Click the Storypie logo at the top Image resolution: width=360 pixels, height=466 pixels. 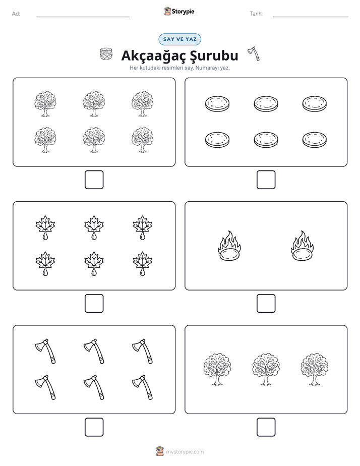(179, 11)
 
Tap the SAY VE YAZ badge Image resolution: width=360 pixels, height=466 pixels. (179, 39)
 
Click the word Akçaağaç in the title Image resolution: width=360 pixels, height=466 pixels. (151, 56)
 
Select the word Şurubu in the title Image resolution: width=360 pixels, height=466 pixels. (214, 55)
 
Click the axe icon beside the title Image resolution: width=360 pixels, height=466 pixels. (254, 54)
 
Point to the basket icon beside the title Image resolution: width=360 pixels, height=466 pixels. (106, 54)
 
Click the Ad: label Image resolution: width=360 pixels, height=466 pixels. (16, 14)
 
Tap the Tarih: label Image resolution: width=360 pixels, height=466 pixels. (256, 14)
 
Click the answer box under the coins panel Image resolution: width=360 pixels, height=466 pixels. (266, 180)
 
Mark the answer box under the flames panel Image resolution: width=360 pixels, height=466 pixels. (266, 304)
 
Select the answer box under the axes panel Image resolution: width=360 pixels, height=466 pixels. (94, 427)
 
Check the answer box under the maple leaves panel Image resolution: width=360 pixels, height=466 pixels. (94, 304)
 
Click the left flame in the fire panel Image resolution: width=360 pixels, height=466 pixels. (229, 246)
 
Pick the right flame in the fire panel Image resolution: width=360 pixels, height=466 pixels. (302, 246)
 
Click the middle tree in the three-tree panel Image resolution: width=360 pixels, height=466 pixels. (266, 369)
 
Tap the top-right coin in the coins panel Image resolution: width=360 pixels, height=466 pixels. (314, 104)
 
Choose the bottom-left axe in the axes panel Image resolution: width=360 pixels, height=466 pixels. (45, 387)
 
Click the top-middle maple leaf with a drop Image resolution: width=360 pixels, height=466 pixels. (94, 227)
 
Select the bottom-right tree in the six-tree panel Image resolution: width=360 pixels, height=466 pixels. (143, 140)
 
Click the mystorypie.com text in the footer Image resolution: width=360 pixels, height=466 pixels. (185, 452)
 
